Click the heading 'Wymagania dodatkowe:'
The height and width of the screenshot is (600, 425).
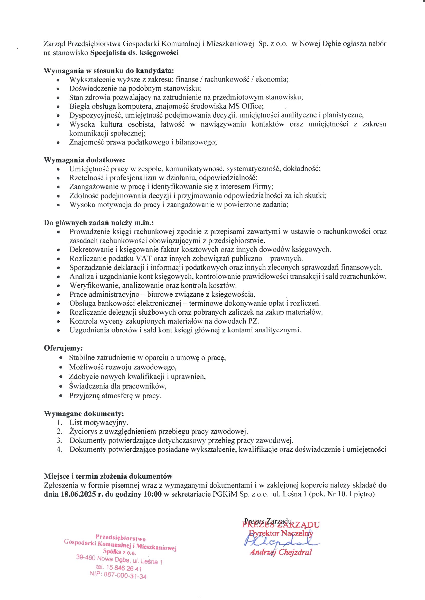click(84, 160)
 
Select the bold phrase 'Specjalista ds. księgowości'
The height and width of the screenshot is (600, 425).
click(134, 53)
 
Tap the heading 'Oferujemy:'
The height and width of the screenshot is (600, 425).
click(63, 348)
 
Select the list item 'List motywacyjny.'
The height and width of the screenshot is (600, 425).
click(99, 423)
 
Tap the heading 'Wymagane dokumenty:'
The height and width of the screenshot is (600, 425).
click(84, 414)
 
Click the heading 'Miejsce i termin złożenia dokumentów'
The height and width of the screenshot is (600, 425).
click(108, 476)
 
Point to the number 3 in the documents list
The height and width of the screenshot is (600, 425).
click(59, 441)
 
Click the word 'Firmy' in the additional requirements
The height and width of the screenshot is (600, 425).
click(263, 187)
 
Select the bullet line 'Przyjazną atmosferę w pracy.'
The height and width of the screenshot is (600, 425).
click(115, 396)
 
